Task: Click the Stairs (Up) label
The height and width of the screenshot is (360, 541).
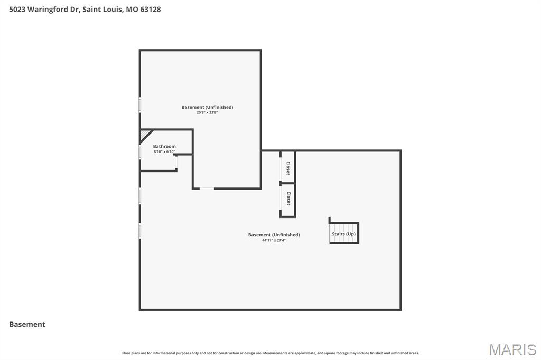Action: point(343,234)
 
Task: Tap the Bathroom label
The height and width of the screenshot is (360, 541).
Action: point(164,146)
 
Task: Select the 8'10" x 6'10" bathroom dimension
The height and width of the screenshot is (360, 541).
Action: point(164,152)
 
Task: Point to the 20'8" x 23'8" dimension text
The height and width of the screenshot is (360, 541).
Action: point(207,112)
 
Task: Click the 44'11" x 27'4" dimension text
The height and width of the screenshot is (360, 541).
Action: point(274,240)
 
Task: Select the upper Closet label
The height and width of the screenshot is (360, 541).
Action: point(288,168)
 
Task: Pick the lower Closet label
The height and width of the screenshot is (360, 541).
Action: point(288,198)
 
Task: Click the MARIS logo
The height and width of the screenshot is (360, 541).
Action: point(512,349)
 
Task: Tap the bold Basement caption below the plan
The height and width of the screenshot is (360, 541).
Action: point(27,324)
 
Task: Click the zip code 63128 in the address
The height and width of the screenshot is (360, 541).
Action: point(150,9)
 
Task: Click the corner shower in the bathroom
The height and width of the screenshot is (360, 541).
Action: point(145,135)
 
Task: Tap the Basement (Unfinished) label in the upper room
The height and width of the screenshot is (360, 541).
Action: point(207,107)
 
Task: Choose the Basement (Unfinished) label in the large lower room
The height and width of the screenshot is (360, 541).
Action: point(274,235)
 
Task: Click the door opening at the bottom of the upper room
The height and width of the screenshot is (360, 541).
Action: point(207,188)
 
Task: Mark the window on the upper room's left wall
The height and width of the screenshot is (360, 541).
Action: point(140,105)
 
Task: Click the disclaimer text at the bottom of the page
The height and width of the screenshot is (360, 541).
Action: point(270,353)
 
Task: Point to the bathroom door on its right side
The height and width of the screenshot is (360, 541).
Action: point(176,163)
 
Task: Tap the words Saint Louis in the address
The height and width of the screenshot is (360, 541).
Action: point(102,9)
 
